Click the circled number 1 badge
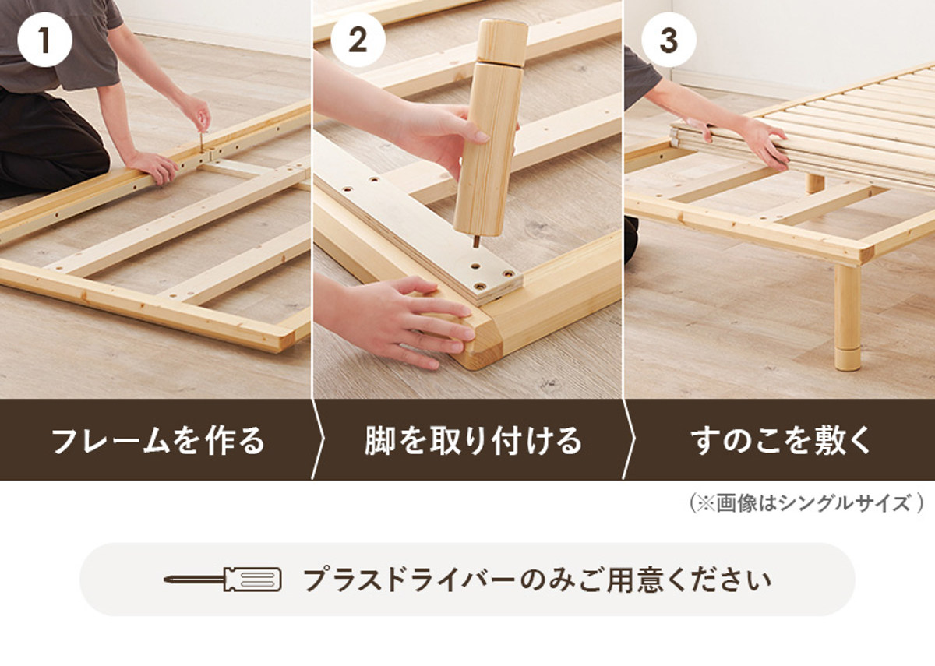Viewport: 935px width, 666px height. pyautogui.click(x=44, y=40)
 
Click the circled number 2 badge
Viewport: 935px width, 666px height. pyautogui.click(x=358, y=40)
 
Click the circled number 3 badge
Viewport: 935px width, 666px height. pyautogui.click(x=669, y=40)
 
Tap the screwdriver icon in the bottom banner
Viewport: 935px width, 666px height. pyautogui.click(x=223, y=580)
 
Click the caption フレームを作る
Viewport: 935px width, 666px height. pyautogui.click(x=158, y=441)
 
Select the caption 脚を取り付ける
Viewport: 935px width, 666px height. pyautogui.click(x=474, y=441)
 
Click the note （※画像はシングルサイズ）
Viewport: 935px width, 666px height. pyautogui.click(x=806, y=503)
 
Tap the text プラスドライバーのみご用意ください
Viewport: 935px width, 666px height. pyautogui.click(x=537, y=580)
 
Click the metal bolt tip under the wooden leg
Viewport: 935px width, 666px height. pyautogui.click(x=476, y=241)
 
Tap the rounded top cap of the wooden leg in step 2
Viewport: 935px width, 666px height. pyautogui.click(x=501, y=43)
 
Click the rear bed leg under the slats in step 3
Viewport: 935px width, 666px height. pyautogui.click(x=815, y=183)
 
